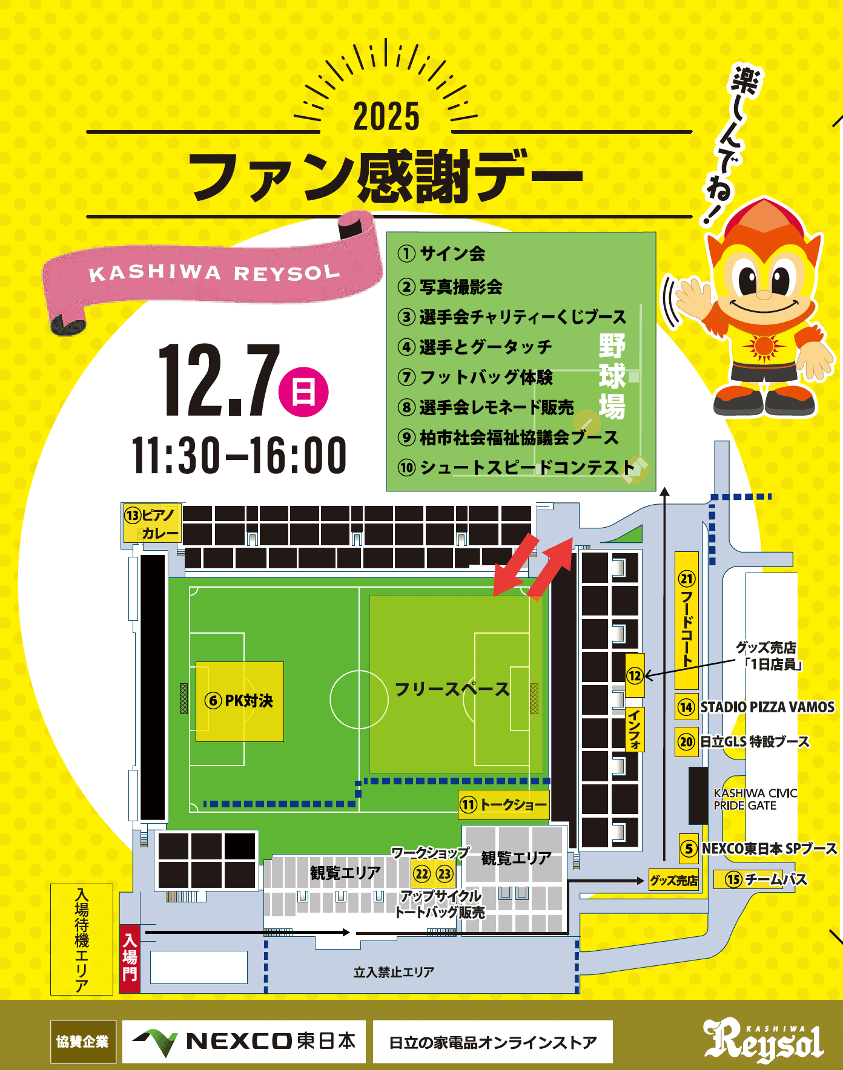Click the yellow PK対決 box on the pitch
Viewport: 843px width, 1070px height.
pyautogui.click(x=240, y=701)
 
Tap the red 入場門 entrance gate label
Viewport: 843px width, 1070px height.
pyautogui.click(x=130, y=958)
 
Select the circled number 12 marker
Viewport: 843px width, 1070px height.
pyautogui.click(x=635, y=675)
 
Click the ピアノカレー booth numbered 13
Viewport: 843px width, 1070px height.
pyautogui.click(x=152, y=524)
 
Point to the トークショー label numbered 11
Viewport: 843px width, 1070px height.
pyautogui.click(x=504, y=805)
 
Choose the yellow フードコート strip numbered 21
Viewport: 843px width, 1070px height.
pyautogui.click(x=687, y=620)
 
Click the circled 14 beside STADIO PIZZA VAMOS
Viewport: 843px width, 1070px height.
pyautogui.click(x=686, y=707)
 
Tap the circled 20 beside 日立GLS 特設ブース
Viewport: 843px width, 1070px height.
pyautogui.click(x=686, y=742)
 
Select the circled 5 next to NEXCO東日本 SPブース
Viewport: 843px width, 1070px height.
pyautogui.click(x=689, y=848)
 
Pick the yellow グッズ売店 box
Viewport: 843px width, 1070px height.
pyautogui.click(x=673, y=881)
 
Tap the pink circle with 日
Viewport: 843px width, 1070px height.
pyautogui.click(x=303, y=392)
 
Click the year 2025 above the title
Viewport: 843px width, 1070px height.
pyautogui.click(x=386, y=116)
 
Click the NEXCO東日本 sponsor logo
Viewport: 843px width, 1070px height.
pyautogui.click(x=244, y=1042)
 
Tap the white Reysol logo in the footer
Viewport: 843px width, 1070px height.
pyautogui.click(x=764, y=1040)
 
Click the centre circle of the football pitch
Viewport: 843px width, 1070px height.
pyautogui.click(x=359, y=699)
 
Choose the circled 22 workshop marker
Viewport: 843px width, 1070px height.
pyautogui.click(x=421, y=874)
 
